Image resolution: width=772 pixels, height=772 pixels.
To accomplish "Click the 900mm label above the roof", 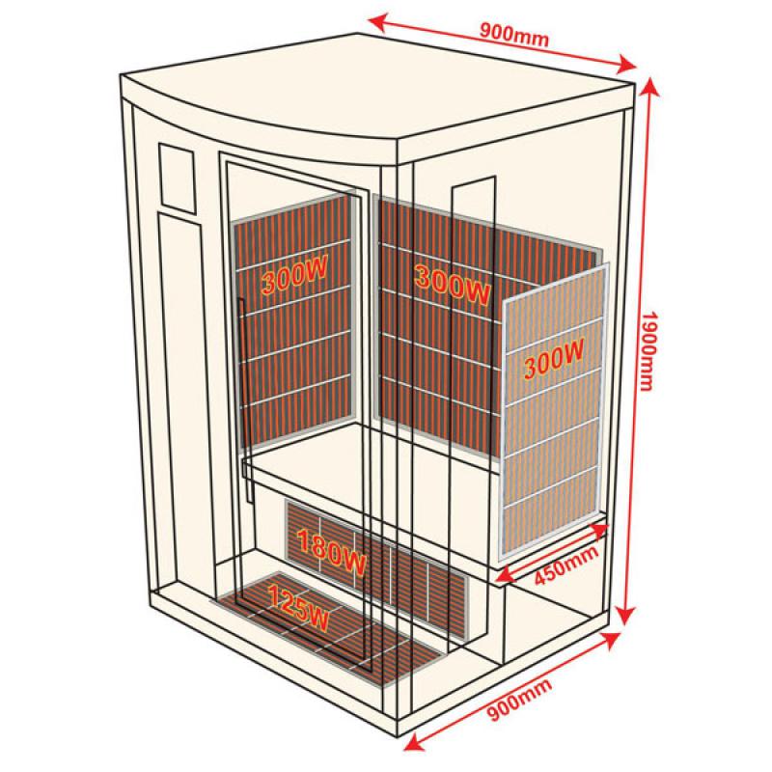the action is pyautogui.click(x=514, y=35).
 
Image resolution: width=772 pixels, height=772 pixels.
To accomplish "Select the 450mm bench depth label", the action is pyautogui.click(x=566, y=565).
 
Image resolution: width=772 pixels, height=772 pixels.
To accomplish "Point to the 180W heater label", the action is pyautogui.click(x=331, y=552).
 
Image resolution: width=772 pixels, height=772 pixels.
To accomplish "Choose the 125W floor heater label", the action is pyautogui.click(x=297, y=608).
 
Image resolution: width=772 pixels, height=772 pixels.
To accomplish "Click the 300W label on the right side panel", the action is pyautogui.click(x=554, y=358).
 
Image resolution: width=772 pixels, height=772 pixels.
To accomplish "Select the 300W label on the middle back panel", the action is pyautogui.click(x=453, y=284).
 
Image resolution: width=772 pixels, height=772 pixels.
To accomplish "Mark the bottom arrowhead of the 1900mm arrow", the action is pyautogui.click(x=625, y=616).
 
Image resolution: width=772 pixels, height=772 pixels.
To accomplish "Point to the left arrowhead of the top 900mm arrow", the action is pyautogui.click(x=376, y=20).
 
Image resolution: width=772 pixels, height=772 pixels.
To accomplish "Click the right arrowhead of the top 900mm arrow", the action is pyautogui.click(x=626, y=64).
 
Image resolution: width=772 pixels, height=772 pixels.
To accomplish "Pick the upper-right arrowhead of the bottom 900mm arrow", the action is pyautogui.click(x=612, y=639).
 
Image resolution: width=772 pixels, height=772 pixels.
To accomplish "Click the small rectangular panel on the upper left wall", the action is pyautogui.click(x=177, y=179).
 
